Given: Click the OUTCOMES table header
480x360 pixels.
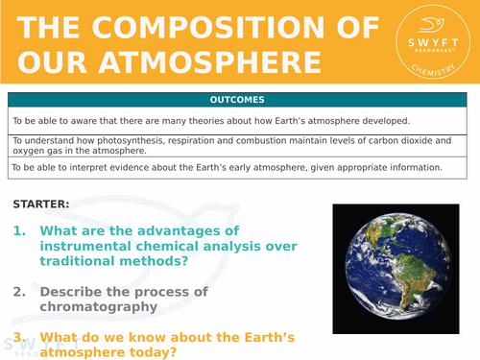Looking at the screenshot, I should click(239, 100).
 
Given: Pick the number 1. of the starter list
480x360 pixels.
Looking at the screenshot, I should click(21, 231).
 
